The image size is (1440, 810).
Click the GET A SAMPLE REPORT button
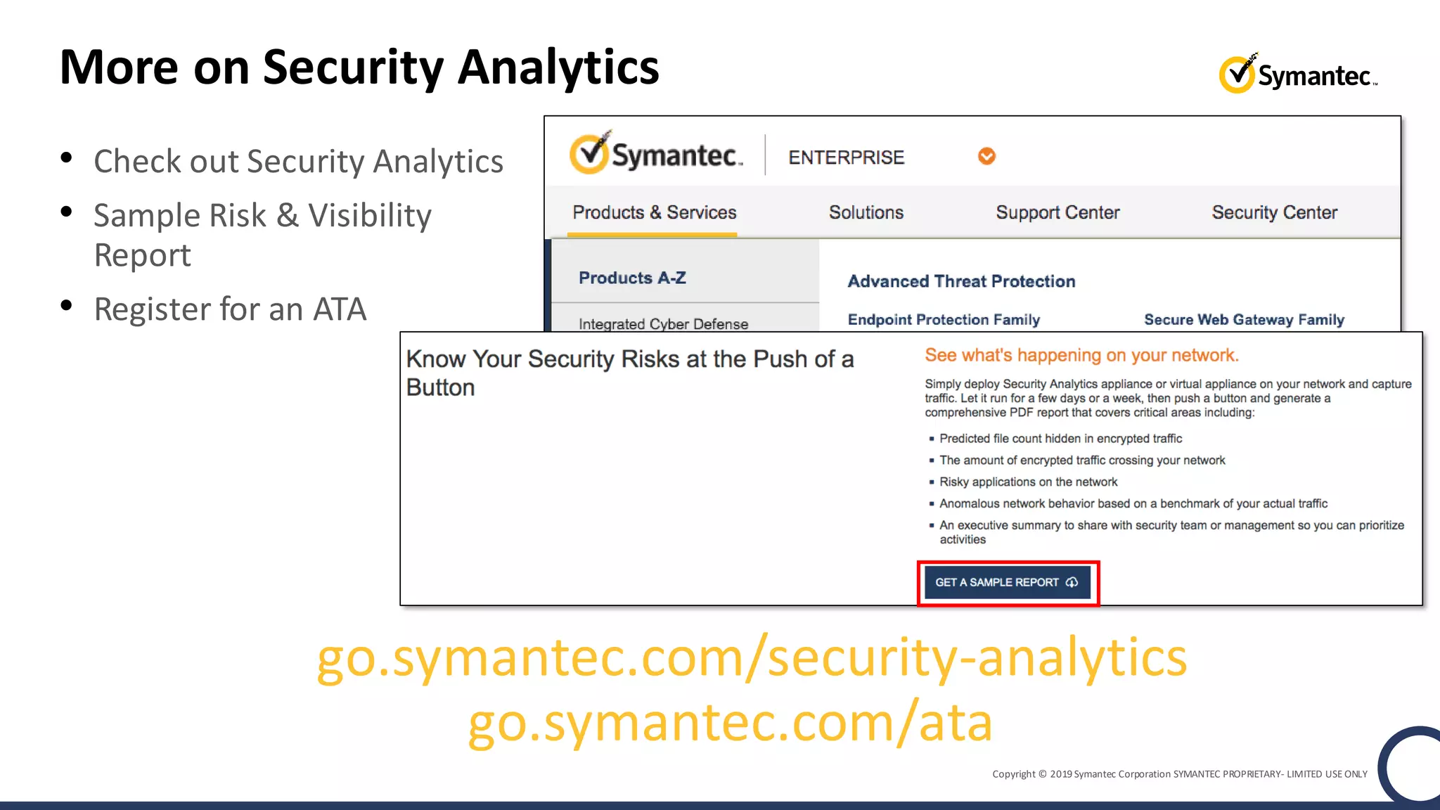pos(1007,582)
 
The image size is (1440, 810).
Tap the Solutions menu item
pos(866,212)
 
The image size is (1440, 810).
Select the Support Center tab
pos(1057,212)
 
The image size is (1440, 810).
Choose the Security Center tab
pos(1273,212)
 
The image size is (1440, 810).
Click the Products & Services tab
pos(654,212)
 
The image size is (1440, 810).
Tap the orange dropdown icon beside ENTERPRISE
pos(986,156)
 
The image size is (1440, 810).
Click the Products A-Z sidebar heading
pos(632,278)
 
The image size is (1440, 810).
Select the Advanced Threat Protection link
pos(961,281)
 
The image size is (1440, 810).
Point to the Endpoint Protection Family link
pos(943,320)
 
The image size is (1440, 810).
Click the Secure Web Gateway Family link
pos(1244,320)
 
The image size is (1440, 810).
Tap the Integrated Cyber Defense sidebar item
pos(663,323)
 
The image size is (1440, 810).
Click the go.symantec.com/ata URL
pos(730,723)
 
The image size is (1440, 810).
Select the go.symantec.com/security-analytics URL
pos(751,657)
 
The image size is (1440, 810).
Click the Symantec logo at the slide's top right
pos(1297,74)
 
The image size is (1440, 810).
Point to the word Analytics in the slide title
pos(558,68)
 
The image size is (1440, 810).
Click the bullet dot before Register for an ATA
pos(67,306)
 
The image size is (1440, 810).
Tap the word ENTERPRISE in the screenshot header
pos(846,157)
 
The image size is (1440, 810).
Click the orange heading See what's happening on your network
pos(1081,355)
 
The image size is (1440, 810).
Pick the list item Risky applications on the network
pos(1028,482)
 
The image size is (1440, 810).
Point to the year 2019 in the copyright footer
pos(1060,774)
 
